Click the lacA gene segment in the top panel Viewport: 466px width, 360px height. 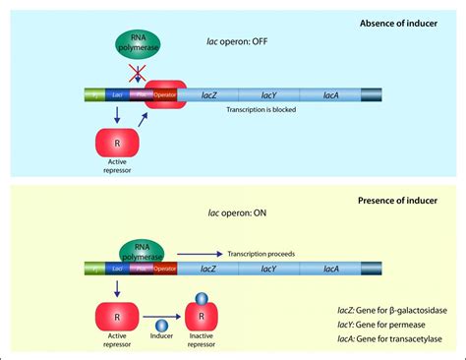(330, 95)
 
